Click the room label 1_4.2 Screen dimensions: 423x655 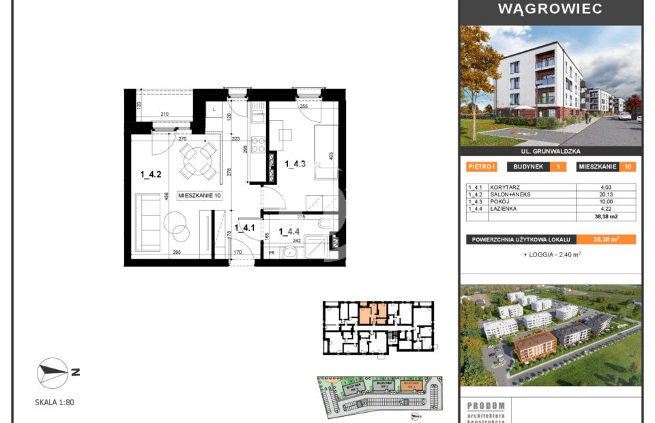(x=150, y=175)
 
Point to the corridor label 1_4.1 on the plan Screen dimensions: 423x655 (x=244, y=228)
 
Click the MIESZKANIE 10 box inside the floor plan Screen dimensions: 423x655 (x=200, y=196)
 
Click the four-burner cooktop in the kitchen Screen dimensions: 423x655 (x=259, y=144)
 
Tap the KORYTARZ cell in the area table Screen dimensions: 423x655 (x=504, y=187)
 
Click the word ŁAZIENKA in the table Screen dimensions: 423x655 (x=504, y=209)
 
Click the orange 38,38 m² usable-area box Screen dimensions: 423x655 (x=606, y=239)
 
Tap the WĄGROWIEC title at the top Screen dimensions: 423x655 (x=550, y=10)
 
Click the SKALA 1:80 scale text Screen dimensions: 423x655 (x=55, y=403)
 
